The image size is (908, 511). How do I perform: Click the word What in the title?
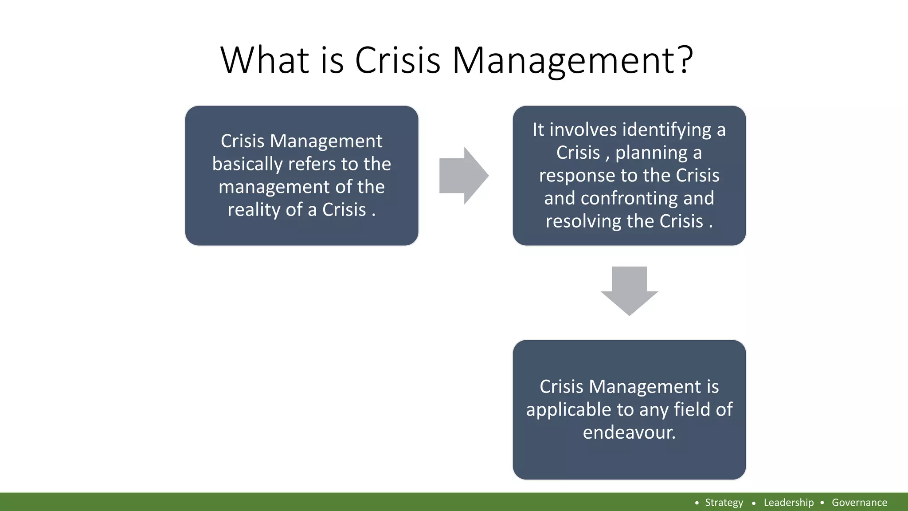coord(265,60)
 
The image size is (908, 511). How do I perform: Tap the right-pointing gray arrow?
coord(464,176)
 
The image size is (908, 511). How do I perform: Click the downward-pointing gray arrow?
coord(629,291)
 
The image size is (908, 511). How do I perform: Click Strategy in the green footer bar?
coord(724,503)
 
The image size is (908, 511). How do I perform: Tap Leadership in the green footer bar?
coord(788,503)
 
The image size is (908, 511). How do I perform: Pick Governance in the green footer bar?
coord(859,503)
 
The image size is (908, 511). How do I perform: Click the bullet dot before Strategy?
coord(697,503)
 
